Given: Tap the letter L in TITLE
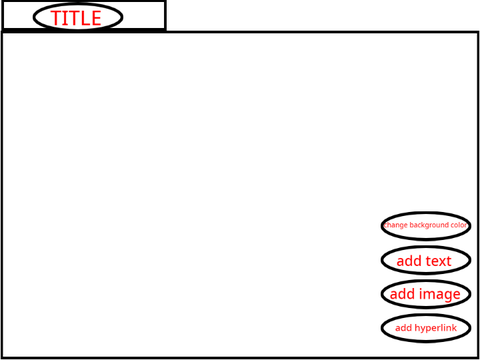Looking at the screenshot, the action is [84, 18].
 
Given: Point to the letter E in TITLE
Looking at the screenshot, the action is [95, 18].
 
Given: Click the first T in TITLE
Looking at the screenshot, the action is [57, 18].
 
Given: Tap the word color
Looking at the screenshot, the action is [459, 225].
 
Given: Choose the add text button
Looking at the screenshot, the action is [426, 260].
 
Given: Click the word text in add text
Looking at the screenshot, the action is [438, 261].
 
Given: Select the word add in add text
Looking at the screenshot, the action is [409, 261].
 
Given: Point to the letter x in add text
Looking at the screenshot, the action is [442, 262].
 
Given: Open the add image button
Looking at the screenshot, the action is [426, 294].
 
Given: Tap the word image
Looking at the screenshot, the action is [440, 295].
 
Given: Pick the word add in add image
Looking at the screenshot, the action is [402, 294].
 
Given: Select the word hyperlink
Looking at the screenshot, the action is [436, 328].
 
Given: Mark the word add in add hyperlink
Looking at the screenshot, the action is [404, 328].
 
